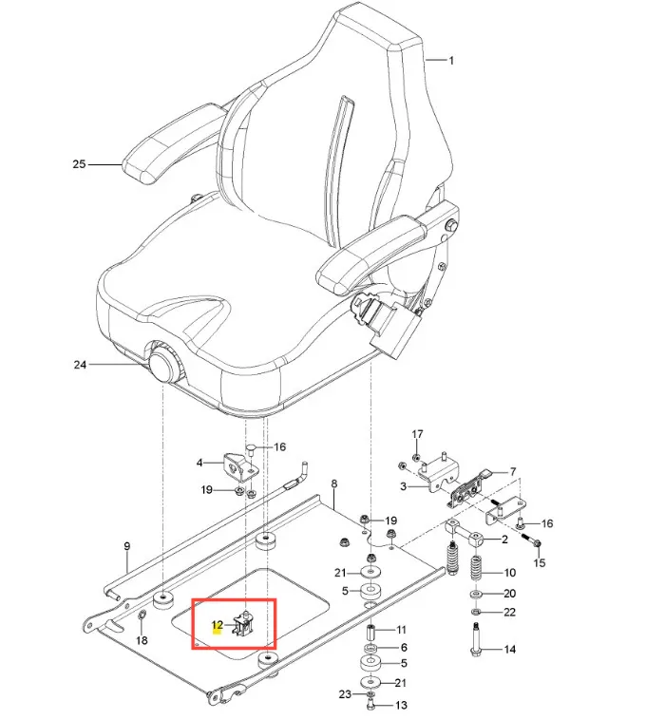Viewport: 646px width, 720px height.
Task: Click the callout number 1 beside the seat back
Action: click(x=451, y=61)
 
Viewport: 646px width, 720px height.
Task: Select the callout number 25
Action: click(x=79, y=164)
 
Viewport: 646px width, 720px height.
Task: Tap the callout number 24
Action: click(x=80, y=364)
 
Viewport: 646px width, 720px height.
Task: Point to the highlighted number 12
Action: click(x=217, y=625)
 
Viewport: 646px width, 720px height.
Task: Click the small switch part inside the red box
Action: click(x=247, y=623)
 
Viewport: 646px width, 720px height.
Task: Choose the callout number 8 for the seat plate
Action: click(x=333, y=484)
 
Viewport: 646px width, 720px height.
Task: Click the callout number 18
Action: click(x=142, y=641)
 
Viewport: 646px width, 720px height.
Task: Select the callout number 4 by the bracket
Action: click(x=199, y=463)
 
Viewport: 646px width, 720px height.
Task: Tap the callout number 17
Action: click(x=415, y=434)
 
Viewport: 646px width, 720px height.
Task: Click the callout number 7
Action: click(x=512, y=471)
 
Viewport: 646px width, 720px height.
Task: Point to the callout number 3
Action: click(x=403, y=486)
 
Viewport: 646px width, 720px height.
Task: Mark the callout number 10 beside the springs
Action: click(x=509, y=573)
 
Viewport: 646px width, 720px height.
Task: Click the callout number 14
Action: click(x=509, y=650)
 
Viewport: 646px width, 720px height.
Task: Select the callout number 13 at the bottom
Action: click(x=400, y=705)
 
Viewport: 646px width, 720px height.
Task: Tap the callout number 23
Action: click(x=344, y=695)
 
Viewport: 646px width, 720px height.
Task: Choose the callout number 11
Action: click(x=400, y=630)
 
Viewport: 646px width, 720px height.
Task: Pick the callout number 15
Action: click(x=540, y=564)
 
